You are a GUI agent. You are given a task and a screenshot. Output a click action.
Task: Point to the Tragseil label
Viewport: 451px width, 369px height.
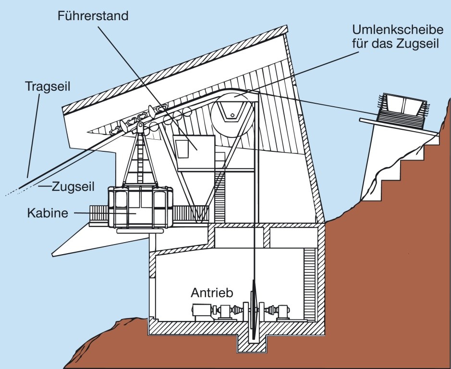(x=48, y=87)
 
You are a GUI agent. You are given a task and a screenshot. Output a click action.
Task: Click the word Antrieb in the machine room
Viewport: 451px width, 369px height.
(x=212, y=292)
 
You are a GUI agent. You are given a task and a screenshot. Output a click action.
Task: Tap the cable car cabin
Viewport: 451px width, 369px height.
(x=141, y=207)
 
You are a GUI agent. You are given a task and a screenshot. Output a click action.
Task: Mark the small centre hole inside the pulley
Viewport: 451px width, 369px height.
(x=232, y=115)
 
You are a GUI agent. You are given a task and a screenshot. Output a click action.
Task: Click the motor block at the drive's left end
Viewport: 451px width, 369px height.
(x=201, y=310)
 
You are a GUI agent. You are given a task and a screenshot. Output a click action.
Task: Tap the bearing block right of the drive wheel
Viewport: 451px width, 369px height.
(x=283, y=311)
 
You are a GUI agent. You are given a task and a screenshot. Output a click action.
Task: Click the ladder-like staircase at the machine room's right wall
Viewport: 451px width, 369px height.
(x=309, y=283)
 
